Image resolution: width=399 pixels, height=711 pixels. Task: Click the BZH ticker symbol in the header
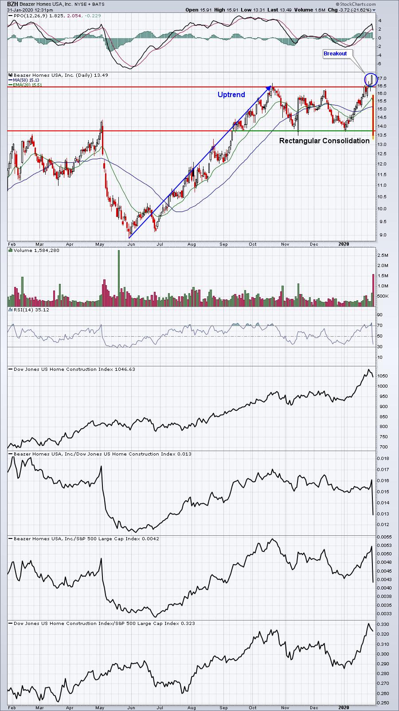12,4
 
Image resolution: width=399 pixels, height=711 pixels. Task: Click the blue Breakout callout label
335,53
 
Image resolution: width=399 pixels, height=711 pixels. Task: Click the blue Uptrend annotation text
231,94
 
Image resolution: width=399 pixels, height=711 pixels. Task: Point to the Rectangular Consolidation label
324,141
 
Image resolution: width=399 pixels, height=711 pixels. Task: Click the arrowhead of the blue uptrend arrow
269,88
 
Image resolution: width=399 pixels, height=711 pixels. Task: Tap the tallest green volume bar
119,278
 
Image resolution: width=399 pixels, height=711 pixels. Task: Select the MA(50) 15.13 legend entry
26,80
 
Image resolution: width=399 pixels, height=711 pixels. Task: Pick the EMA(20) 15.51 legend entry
27,85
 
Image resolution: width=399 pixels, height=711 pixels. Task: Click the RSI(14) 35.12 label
31,310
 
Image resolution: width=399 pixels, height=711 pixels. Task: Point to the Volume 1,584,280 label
36,251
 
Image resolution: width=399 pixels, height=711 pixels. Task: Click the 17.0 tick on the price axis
382,78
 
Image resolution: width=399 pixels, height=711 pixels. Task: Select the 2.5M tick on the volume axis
383,255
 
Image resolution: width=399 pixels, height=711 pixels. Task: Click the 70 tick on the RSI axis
379,326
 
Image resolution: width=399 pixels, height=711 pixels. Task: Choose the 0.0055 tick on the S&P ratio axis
384,537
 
